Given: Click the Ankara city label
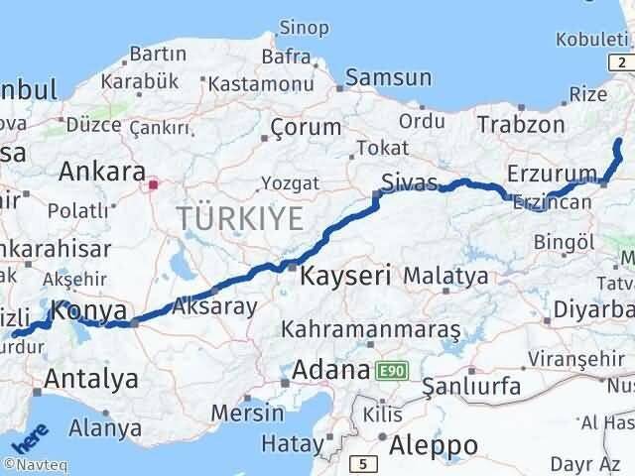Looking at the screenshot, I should (x=102, y=172).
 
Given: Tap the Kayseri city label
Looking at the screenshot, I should (x=347, y=275).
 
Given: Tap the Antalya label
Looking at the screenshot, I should (x=91, y=378).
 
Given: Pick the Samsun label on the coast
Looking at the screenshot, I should (x=389, y=77).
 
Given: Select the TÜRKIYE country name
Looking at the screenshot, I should (x=240, y=218).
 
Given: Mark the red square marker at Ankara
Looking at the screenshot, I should (x=154, y=183).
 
